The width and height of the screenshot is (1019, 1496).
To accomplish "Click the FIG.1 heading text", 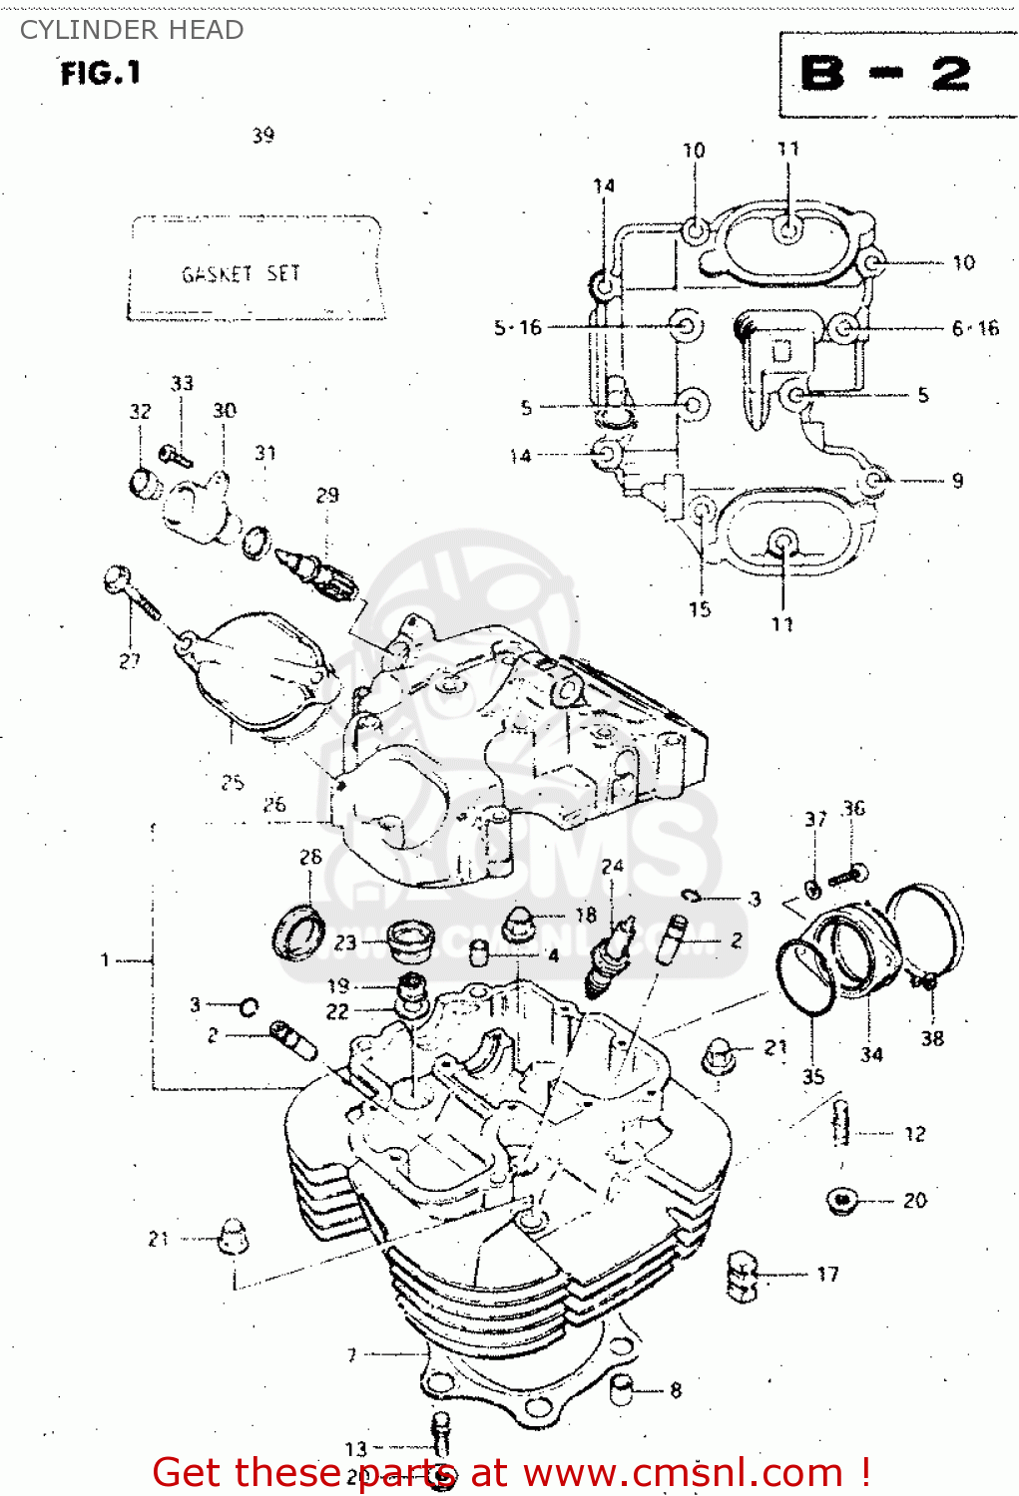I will (x=100, y=73).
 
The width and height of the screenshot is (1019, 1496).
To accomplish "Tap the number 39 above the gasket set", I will (x=262, y=136).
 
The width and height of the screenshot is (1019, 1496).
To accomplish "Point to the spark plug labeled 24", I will (x=609, y=957).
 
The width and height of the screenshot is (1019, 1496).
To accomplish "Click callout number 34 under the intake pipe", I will (x=871, y=1054).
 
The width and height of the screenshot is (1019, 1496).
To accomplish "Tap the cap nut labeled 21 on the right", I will (x=719, y=1055).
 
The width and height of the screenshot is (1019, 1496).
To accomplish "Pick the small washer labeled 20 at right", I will (x=843, y=1200).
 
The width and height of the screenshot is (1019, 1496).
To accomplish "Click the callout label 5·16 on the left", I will (x=518, y=327).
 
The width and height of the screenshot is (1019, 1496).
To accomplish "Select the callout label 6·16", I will (x=974, y=328).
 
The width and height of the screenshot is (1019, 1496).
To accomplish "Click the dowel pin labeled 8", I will (x=622, y=1388).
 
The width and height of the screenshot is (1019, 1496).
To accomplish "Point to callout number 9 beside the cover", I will (x=957, y=481).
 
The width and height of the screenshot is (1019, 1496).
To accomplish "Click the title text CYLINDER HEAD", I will (x=132, y=30).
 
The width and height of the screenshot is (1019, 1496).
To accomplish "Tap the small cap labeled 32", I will (x=145, y=483).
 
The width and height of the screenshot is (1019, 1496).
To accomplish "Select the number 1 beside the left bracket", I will (x=105, y=959).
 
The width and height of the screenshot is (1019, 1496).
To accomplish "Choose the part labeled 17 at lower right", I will (x=742, y=1276).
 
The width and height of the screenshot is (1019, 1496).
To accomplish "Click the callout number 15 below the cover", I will (x=700, y=608).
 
